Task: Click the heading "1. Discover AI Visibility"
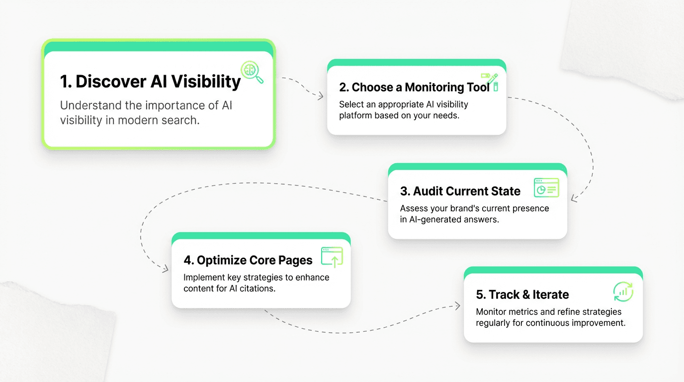point(150,82)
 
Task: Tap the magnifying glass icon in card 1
point(252,73)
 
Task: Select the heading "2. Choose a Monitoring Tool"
point(414,87)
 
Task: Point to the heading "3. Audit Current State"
point(460,191)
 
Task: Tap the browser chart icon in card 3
point(546,189)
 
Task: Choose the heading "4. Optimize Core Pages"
point(248,260)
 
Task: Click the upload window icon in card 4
point(332,257)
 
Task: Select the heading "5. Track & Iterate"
point(522,294)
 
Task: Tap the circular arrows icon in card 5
point(623,292)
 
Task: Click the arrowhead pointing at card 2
point(321,95)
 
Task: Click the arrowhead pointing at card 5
point(458,306)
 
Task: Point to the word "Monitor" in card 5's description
point(491,312)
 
